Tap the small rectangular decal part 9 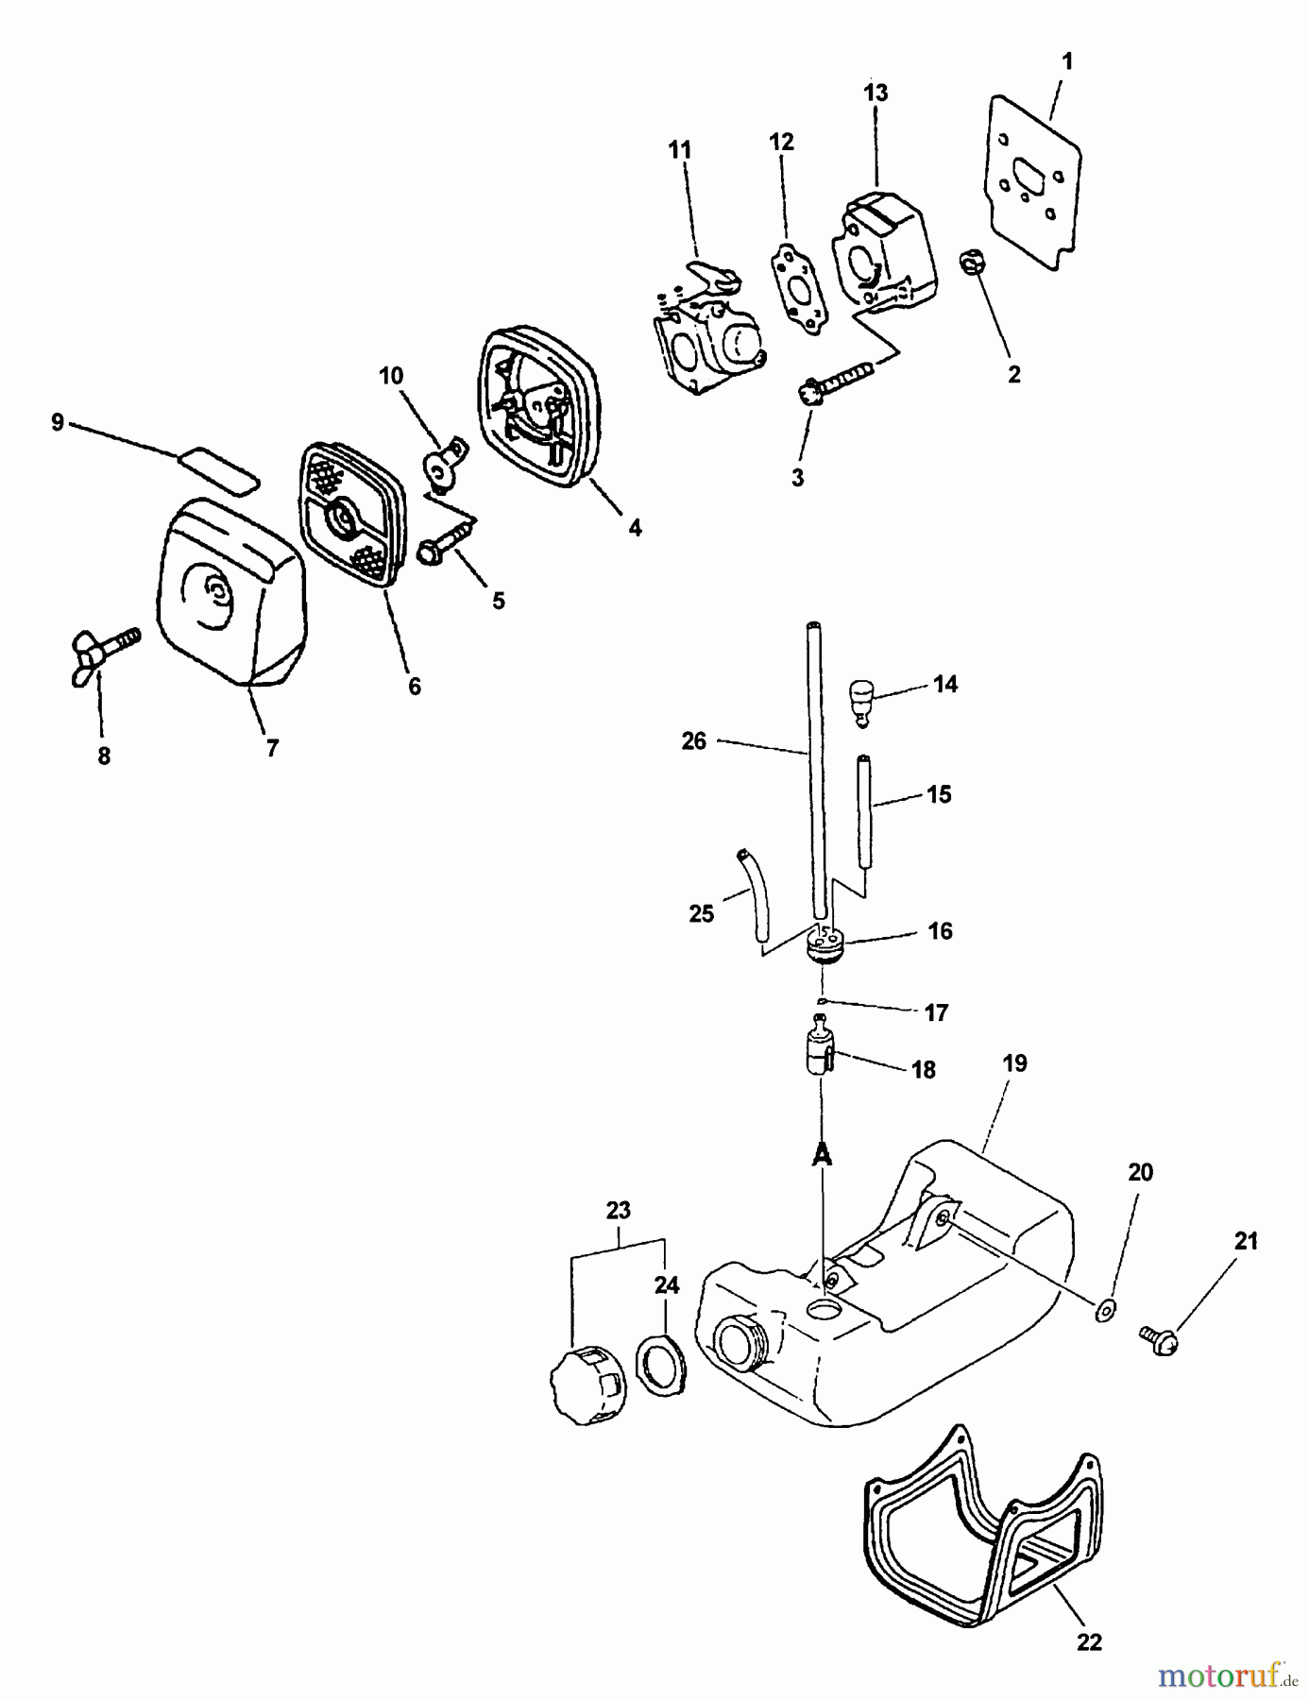tap(217, 468)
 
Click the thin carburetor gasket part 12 tap(794, 285)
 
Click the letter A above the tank tap(822, 1154)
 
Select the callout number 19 tap(1014, 1062)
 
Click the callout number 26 tap(693, 741)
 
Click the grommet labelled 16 tap(824, 943)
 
